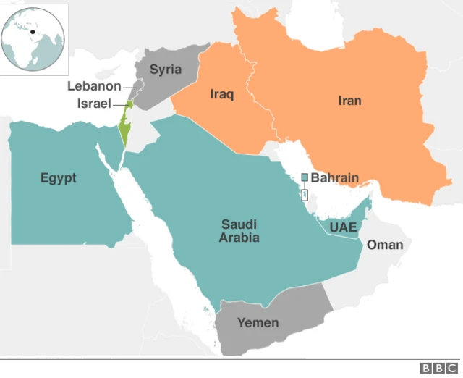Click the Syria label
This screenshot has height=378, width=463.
point(165,70)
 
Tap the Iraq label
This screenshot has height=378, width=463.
point(221,95)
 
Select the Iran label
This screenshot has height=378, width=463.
point(349,101)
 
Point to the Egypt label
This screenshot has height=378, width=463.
point(58,178)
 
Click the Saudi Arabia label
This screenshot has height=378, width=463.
point(239,231)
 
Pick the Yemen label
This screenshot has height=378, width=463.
point(258,323)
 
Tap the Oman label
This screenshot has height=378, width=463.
point(384,245)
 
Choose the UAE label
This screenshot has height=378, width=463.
point(343,227)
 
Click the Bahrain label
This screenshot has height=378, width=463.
point(334,177)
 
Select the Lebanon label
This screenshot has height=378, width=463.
point(94,86)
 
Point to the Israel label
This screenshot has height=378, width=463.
point(94,104)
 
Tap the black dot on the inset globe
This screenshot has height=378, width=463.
point(32,32)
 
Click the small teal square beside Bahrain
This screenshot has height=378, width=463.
point(305,177)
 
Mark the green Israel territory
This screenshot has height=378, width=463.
point(124,130)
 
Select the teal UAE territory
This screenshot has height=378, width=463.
point(354,217)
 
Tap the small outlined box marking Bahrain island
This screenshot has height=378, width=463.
point(305,195)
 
